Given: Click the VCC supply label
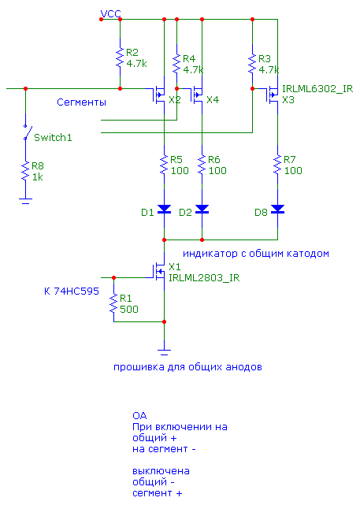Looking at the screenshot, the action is coord(111,14).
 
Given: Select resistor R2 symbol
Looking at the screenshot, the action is coord(120,58).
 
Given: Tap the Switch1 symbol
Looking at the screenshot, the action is coord(27,132).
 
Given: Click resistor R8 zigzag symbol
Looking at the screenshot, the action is coord(25,171).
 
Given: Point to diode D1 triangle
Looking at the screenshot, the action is coord(164,210).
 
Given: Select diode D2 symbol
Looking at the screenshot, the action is coord(202,210).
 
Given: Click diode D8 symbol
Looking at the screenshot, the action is coord(277,210).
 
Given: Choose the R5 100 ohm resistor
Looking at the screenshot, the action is coord(164,165).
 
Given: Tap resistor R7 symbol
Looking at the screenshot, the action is coord(277,165).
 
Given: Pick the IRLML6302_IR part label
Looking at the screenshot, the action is coord(317,89).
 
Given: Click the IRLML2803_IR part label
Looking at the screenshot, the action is coord(204,278).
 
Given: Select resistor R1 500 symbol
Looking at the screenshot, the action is coord(113,303).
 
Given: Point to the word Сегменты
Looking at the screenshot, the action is coord(81,102).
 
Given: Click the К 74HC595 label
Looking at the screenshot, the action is coord(72,291).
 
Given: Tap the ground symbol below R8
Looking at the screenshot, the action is coord(25,202).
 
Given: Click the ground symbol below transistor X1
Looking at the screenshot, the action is coord(164,352).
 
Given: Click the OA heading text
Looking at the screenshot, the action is coord(139,416).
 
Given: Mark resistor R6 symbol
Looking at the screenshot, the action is coord(202,165).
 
